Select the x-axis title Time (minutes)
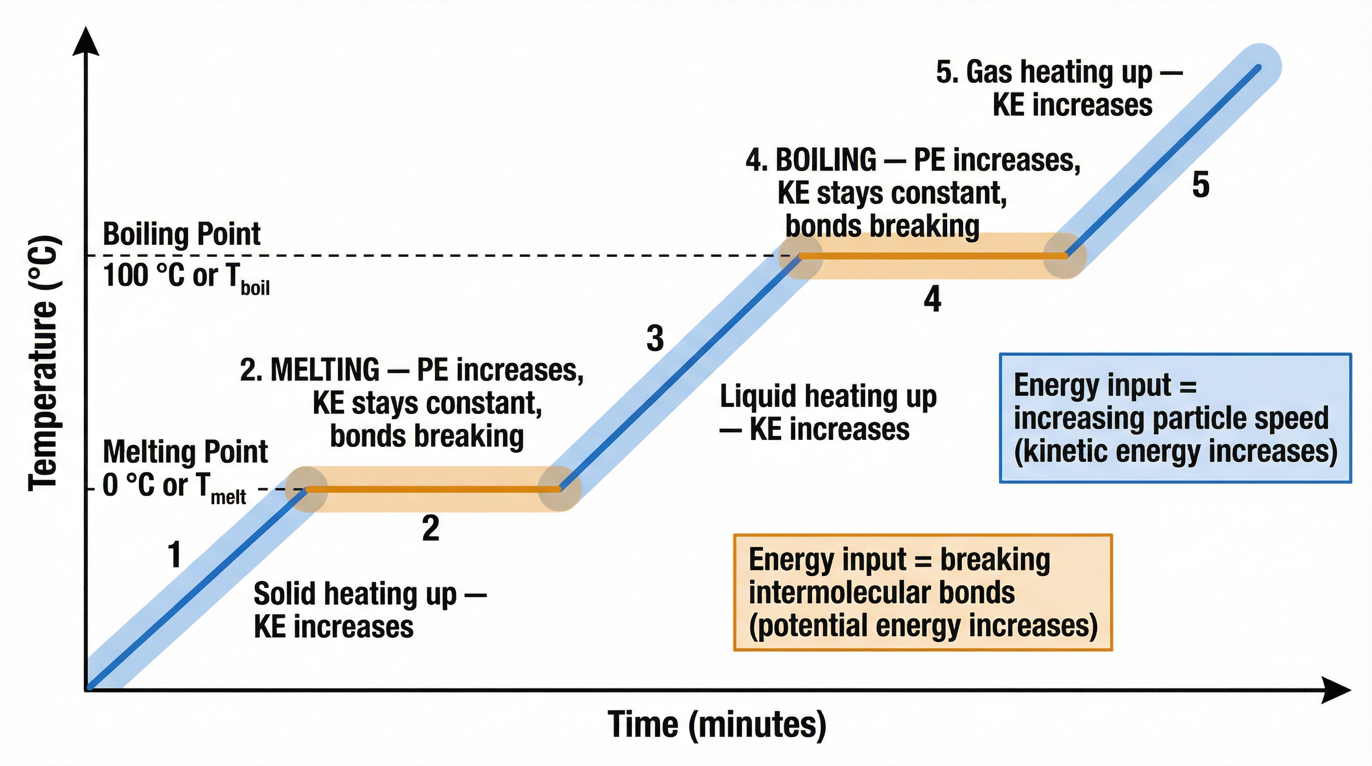coord(716,725)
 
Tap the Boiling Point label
coord(181,234)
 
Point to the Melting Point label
coord(185,452)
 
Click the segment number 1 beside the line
coord(174,554)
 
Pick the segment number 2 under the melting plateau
coord(430,529)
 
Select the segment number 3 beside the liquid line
coord(655,338)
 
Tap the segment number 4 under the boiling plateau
coord(932,299)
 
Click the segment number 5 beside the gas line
coord(1200,185)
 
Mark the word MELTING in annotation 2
coord(325,370)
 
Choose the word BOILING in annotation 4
coord(826,159)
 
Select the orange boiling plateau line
coord(932,256)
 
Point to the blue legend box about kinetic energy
coord(1175,418)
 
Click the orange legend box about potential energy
coord(922,592)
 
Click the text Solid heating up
coord(355,593)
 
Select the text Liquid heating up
coord(828,396)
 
